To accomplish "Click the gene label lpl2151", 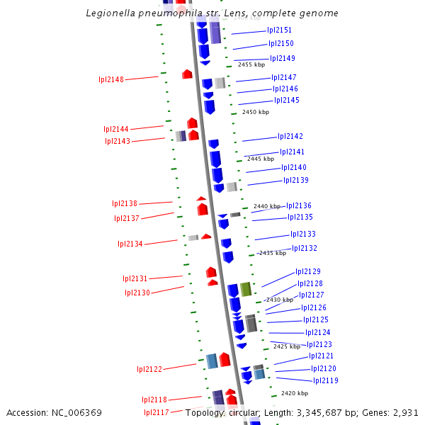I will [x=279, y=30].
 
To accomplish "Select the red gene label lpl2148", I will [x=111, y=79].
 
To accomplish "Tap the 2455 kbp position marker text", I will [x=251, y=64].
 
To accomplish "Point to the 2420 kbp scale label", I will [x=294, y=393].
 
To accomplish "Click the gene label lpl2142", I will [x=290, y=136].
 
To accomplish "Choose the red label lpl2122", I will [x=149, y=369].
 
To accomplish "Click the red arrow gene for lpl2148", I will [x=187, y=74].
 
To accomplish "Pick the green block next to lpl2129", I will [x=246, y=289].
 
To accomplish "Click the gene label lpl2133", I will [x=303, y=234].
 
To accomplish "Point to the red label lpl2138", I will [x=125, y=203].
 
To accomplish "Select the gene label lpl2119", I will [x=325, y=380].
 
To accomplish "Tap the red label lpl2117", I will [x=157, y=412].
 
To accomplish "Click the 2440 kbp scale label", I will [x=267, y=206].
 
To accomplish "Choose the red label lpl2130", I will [x=137, y=293].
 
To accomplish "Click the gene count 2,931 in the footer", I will [x=404, y=412].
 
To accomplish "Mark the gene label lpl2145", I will [x=287, y=100].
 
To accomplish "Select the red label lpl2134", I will [x=130, y=244].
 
